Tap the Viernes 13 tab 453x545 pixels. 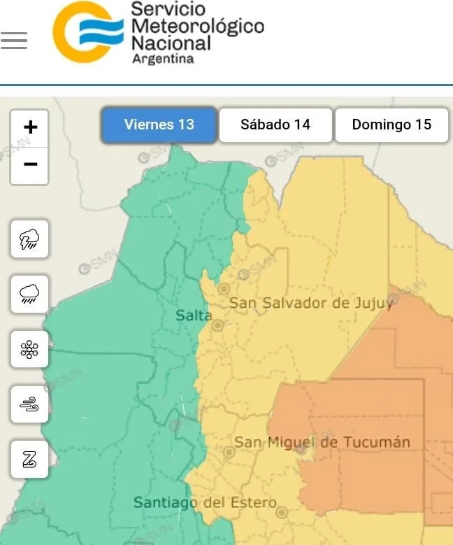[159, 125]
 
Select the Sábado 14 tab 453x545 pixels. [275, 125]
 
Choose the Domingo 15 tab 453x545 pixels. [391, 125]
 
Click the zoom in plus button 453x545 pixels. [30, 128]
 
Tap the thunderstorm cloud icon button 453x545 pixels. [30, 239]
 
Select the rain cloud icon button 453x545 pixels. [30, 294]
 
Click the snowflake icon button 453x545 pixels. [30, 349]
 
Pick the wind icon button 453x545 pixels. [30, 404]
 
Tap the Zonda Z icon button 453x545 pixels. [30, 460]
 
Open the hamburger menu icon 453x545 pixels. [14, 41]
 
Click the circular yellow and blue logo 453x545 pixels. [88, 32]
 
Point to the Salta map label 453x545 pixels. [193, 316]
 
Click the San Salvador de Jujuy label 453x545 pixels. [311, 303]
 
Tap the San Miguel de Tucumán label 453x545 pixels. [322, 442]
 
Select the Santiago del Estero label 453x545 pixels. [205, 502]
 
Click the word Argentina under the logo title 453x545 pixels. [163, 59]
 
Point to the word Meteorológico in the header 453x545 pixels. [198, 27]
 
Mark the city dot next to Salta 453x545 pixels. [217, 325]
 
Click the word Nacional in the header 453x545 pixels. [171, 43]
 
